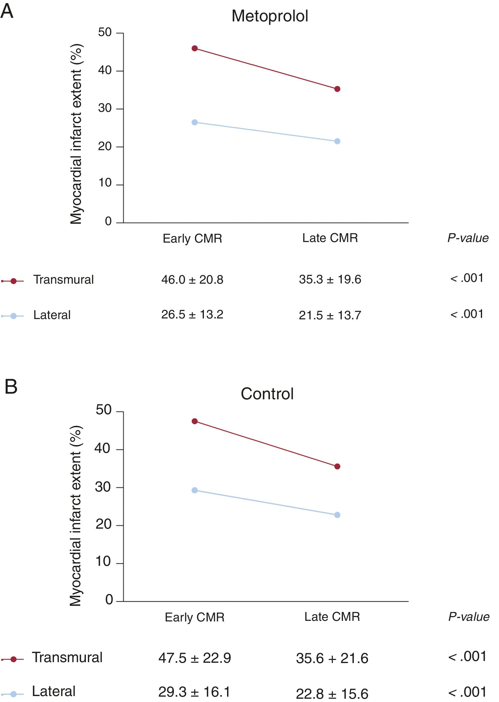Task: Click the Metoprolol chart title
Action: pyautogui.click(x=270, y=16)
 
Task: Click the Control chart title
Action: pyautogui.click(x=267, y=394)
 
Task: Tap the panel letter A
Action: pyautogui.click(x=7, y=11)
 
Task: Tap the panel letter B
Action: pyautogui.click(x=11, y=387)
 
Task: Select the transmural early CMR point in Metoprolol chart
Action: pyautogui.click(x=194, y=48)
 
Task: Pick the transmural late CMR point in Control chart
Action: pyautogui.click(x=337, y=467)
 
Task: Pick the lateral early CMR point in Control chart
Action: pyautogui.click(x=194, y=490)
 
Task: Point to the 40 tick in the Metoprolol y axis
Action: pyautogui.click(x=105, y=71)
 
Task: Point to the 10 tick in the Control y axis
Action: pyautogui.click(x=103, y=562)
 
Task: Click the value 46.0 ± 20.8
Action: pyautogui.click(x=192, y=280)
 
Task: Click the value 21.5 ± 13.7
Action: pyautogui.click(x=330, y=315)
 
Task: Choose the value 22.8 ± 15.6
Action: pyautogui.click(x=332, y=694)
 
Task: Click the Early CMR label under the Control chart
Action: pyautogui.click(x=194, y=617)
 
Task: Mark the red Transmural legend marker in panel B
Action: pyautogui.click(x=13, y=659)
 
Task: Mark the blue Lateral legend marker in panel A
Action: pyautogui.click(x=13, y=316)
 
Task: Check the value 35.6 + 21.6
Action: pyautogui.click(x=332, y=658)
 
